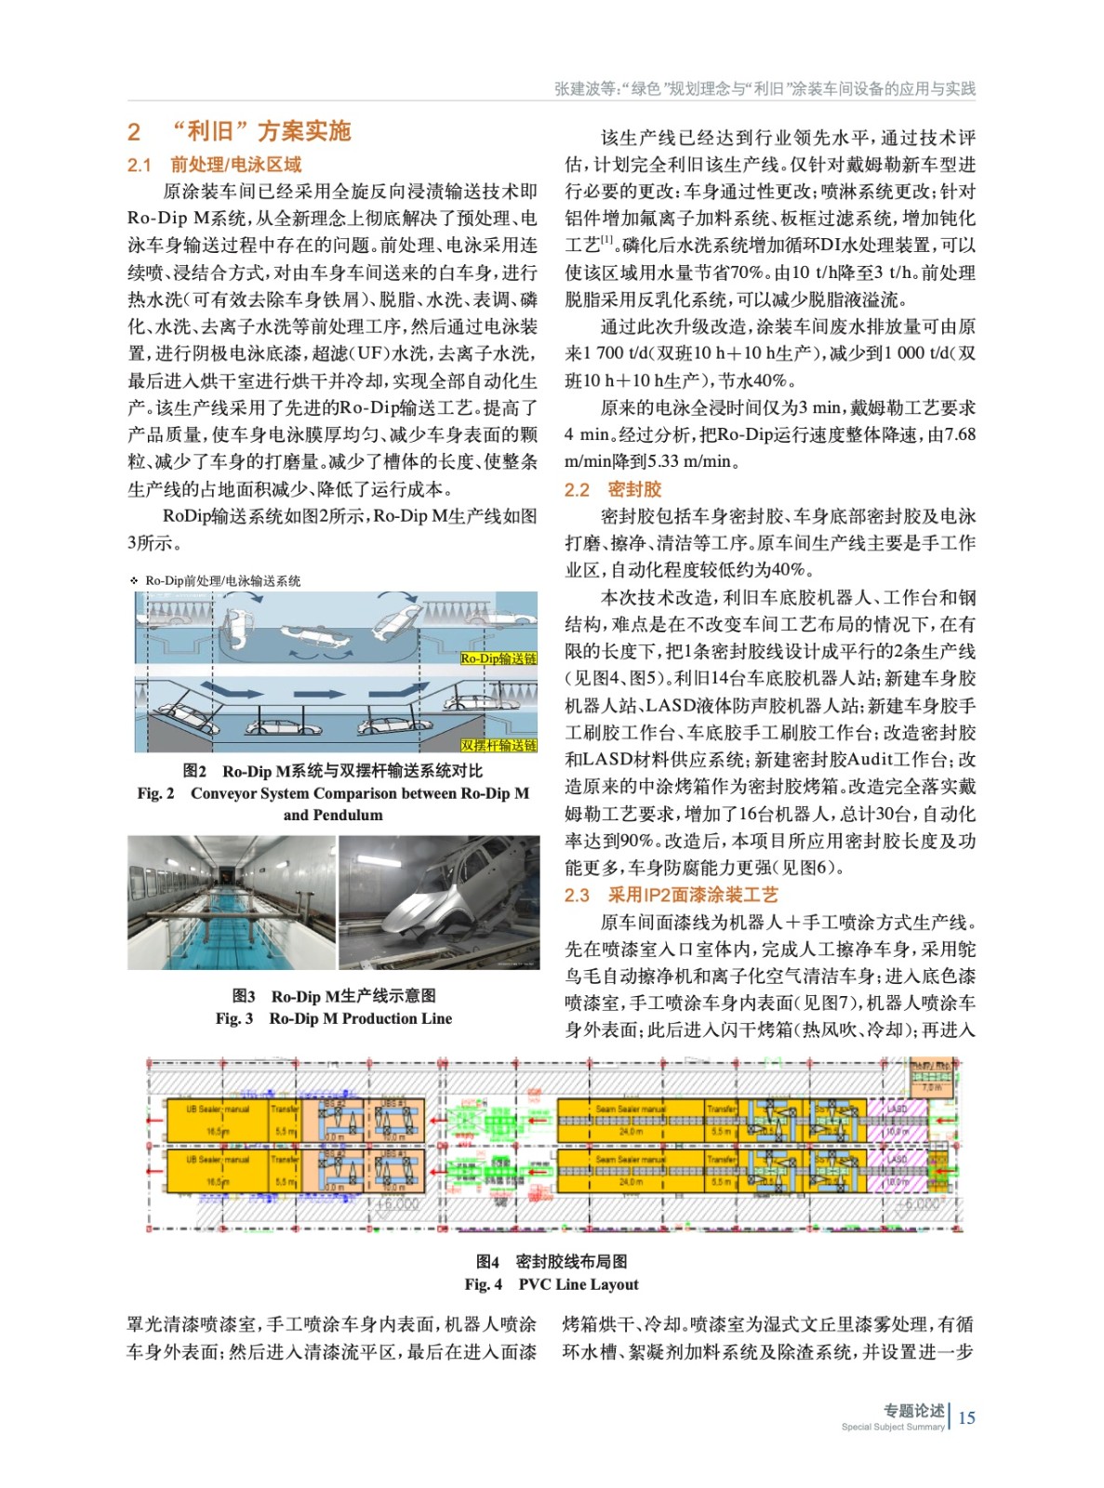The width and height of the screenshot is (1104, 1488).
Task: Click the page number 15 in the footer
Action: (x=967, y=1417)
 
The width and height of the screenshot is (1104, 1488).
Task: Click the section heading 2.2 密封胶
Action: (x=599, y=489)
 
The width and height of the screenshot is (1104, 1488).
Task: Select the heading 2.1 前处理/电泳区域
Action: (x=214, y=165)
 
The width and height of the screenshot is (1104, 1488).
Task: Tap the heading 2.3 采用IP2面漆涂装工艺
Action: (x=670, y=895)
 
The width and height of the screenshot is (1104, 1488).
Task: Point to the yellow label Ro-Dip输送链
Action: (x=499, y=658)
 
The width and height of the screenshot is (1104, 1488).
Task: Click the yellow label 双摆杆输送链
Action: (x=499, y=745)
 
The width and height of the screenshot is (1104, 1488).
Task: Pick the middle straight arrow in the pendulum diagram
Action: (x=319, y=694)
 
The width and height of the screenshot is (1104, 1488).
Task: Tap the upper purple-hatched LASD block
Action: (x=898, y=1120)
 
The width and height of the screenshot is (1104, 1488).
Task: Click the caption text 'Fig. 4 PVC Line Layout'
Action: (x=552, y=1284)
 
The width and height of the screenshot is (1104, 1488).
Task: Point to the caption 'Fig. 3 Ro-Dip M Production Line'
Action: (x=333, y=1018)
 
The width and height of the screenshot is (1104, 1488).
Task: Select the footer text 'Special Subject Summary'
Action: (x=892, y=1427)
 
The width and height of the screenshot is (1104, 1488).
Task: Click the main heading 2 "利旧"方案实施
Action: (x=239, y=131)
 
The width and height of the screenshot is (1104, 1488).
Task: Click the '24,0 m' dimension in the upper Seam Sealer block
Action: (x=631, y=1132)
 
